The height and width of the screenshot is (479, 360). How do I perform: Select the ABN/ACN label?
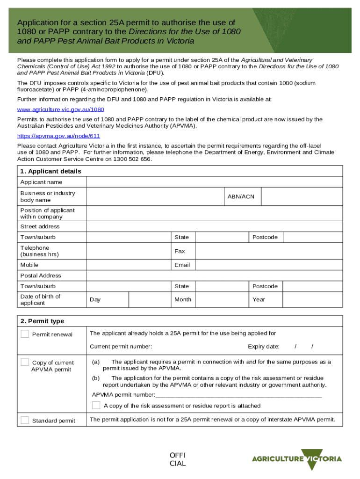pyautogui.click(x=241, y=196)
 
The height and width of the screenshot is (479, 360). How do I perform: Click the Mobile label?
pyautogui.click(x=29, y=265)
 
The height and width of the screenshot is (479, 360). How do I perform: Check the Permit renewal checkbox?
pyautogui.click(x=25, y=334)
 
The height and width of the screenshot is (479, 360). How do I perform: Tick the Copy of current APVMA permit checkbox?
pyautogui.click(x=25, y=363)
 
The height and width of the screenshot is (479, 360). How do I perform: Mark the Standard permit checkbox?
pyautogui.click(x=25, y=420)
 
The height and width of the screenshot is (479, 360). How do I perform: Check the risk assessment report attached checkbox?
pyautogui.click(x=96, y=405)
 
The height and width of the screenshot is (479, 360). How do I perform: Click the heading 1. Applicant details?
pyautogui.click(x=50, y=171)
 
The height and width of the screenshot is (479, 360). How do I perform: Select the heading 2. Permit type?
pyautogui.click(x=42, y=321)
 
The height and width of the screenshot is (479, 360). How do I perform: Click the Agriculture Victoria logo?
pyautogui.click(x=297, y=459)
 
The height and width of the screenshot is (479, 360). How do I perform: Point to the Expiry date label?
pyautogui.click(x=263, y=347)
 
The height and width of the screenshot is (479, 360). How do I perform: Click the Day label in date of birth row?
pyautogui.click(x=95, y=299)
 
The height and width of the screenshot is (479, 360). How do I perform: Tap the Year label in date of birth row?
pyautogui.click(x=259, y=299)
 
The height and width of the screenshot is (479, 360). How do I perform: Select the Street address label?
pyautogui.click(x=40, y=226)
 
